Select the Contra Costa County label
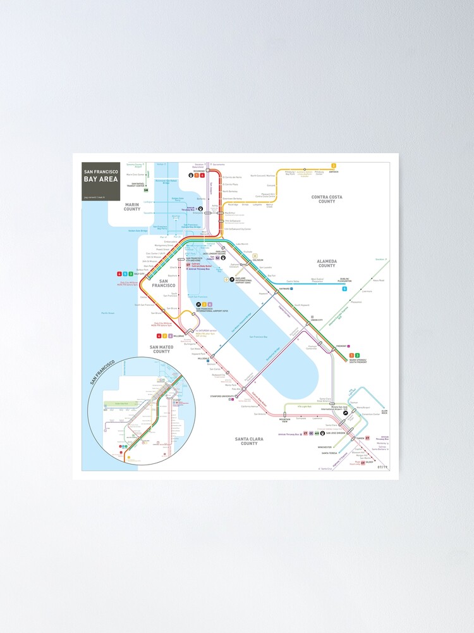pyautogui.click(x=327, y=199)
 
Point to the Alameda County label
pyautogui.click(x=327, y=263)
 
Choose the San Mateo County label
pyautogui.click(x=161, y=349)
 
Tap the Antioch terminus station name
pyautogui.click(x=334, y=172)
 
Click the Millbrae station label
pyautogui.click(x=178, y=335)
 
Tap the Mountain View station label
pyautogui.click(x=285, y=420)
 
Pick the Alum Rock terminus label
pyautogui.click(x=384, y=412)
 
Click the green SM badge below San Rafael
pyautogui.click(x=146, y=190)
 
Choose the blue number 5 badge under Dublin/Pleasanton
pyautogui.click(x=344, y=289)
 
